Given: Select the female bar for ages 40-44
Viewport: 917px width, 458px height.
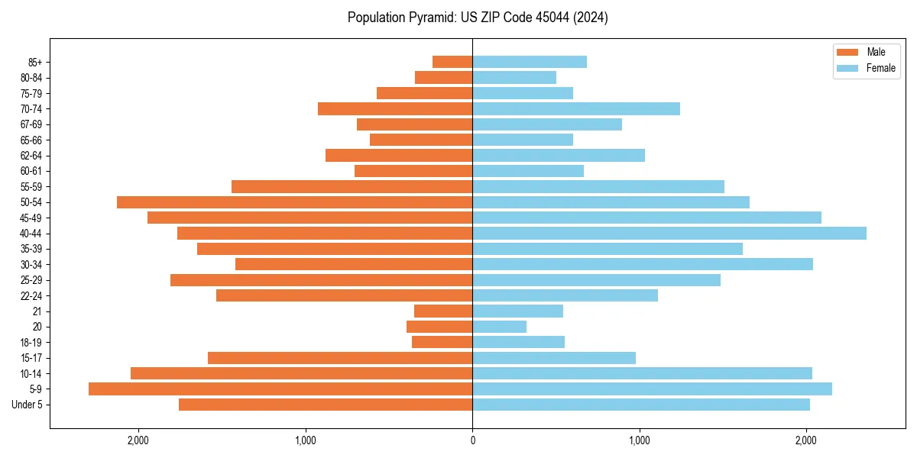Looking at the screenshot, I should pos(669,234).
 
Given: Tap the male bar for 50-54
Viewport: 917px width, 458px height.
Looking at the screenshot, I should pos(294,202).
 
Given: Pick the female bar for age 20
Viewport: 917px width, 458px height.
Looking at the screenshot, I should pos(500,327).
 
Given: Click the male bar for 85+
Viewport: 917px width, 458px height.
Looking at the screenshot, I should pos(452,62).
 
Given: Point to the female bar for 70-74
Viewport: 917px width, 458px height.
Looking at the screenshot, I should pos(576,109).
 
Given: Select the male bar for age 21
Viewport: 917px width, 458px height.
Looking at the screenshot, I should pos(443,311).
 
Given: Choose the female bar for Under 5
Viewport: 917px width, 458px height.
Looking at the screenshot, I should pos(641,405).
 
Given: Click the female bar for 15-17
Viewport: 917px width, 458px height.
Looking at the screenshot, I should pos(554,358).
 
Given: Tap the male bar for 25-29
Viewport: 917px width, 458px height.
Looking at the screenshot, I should pos(321,280).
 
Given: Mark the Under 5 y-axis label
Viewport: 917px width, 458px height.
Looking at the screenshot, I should pos(28,405).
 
